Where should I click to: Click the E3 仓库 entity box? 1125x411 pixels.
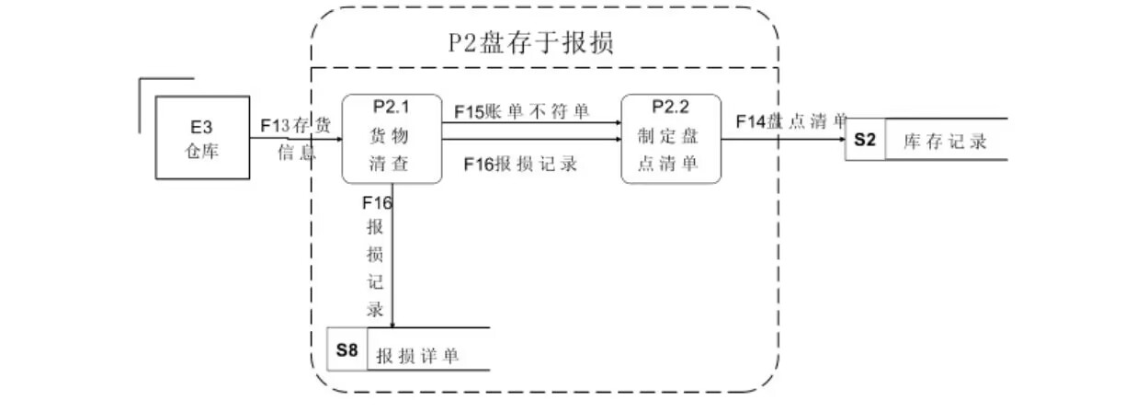[x=202, y=138]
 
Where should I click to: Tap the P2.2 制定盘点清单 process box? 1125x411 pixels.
[x=670, y=138]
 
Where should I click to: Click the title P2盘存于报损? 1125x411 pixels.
[x=530, y=43]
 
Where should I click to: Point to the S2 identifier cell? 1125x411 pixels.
[x=865, y=141]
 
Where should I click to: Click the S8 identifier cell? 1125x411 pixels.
[x=347, y=349]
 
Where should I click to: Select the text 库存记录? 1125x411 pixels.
[x=945, y=142]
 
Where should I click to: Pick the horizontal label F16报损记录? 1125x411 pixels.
[x=520, y=164]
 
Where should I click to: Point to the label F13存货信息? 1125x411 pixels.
[x=296, y=138]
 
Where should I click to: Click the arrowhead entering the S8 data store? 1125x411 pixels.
[x=393, y=323]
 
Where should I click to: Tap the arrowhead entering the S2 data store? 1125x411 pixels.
[x=841, y=140]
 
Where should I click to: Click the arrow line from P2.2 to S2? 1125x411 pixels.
[x=781, y=140]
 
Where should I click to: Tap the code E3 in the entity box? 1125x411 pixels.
[x=201, y=127]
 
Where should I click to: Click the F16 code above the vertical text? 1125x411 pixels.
[x=378, y=202]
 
